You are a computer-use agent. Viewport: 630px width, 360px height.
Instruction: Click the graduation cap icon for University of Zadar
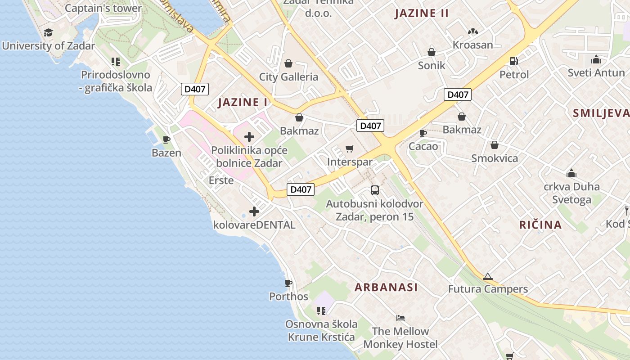48,32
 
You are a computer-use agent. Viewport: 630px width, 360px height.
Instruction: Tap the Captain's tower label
103,8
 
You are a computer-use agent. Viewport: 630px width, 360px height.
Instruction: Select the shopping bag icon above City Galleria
288,63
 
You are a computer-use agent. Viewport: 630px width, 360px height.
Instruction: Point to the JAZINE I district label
243,102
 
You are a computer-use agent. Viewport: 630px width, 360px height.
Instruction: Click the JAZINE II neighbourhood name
422,13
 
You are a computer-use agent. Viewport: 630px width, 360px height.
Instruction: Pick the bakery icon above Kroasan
472,31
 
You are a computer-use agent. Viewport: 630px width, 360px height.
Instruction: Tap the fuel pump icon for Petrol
513,61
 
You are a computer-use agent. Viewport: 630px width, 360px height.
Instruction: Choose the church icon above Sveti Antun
596,59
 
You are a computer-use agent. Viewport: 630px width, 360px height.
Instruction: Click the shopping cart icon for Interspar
350,148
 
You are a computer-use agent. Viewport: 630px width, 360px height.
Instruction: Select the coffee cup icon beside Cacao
423,133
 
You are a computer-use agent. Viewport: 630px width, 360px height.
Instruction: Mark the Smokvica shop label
495,158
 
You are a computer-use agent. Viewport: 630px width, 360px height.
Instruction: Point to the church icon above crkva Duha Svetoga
571,173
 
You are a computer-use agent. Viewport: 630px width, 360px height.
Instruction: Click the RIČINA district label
540,225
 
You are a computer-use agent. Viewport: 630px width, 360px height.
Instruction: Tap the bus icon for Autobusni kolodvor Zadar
375,190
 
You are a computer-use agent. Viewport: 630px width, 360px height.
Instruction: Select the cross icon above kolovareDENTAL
254,211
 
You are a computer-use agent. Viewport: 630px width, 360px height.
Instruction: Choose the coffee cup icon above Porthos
288,283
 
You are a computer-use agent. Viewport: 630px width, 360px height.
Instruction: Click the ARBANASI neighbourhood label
386,287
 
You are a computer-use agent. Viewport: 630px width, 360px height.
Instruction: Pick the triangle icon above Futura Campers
487,276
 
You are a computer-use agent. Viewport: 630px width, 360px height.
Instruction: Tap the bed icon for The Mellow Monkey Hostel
400,318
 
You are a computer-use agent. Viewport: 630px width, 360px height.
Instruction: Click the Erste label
221,180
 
